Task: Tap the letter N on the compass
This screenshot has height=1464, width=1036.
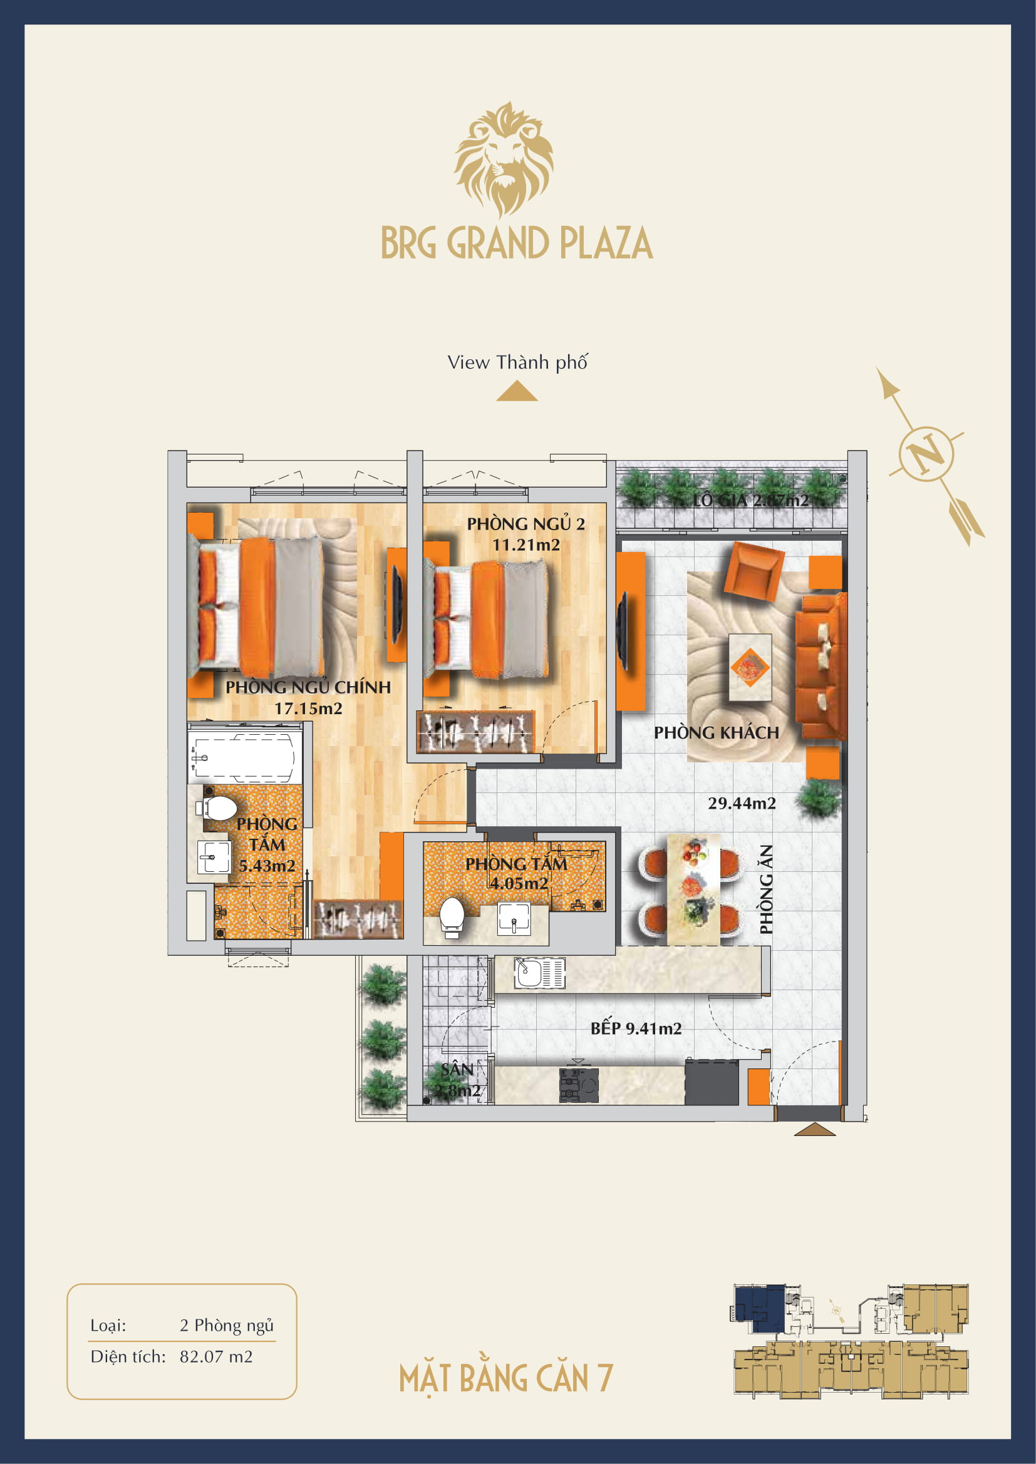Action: [x=926, y=454]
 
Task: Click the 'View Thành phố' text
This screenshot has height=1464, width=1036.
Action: [x=517, y=362]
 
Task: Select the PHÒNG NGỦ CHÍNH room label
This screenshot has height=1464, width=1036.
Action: [x=308, y=687]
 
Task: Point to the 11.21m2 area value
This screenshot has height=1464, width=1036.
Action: [x=526, y=545]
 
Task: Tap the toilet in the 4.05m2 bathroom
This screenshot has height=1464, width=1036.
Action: [x=452, y=916]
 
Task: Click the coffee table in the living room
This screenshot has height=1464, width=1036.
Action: [x=750, y=668]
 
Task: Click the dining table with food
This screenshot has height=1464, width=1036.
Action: [x=694, y=889]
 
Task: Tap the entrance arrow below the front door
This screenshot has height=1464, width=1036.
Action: [x=815, y=1130]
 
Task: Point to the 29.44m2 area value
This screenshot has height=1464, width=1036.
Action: [x=742, y=804]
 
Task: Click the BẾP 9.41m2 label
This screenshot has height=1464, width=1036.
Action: [x=636, y=1028]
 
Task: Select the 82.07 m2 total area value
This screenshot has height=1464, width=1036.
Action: [x=216, y=1356]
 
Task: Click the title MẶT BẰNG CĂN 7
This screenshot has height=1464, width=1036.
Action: [x=506, y=1378]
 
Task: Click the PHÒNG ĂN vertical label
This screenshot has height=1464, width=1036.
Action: [x=766, y=889]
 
